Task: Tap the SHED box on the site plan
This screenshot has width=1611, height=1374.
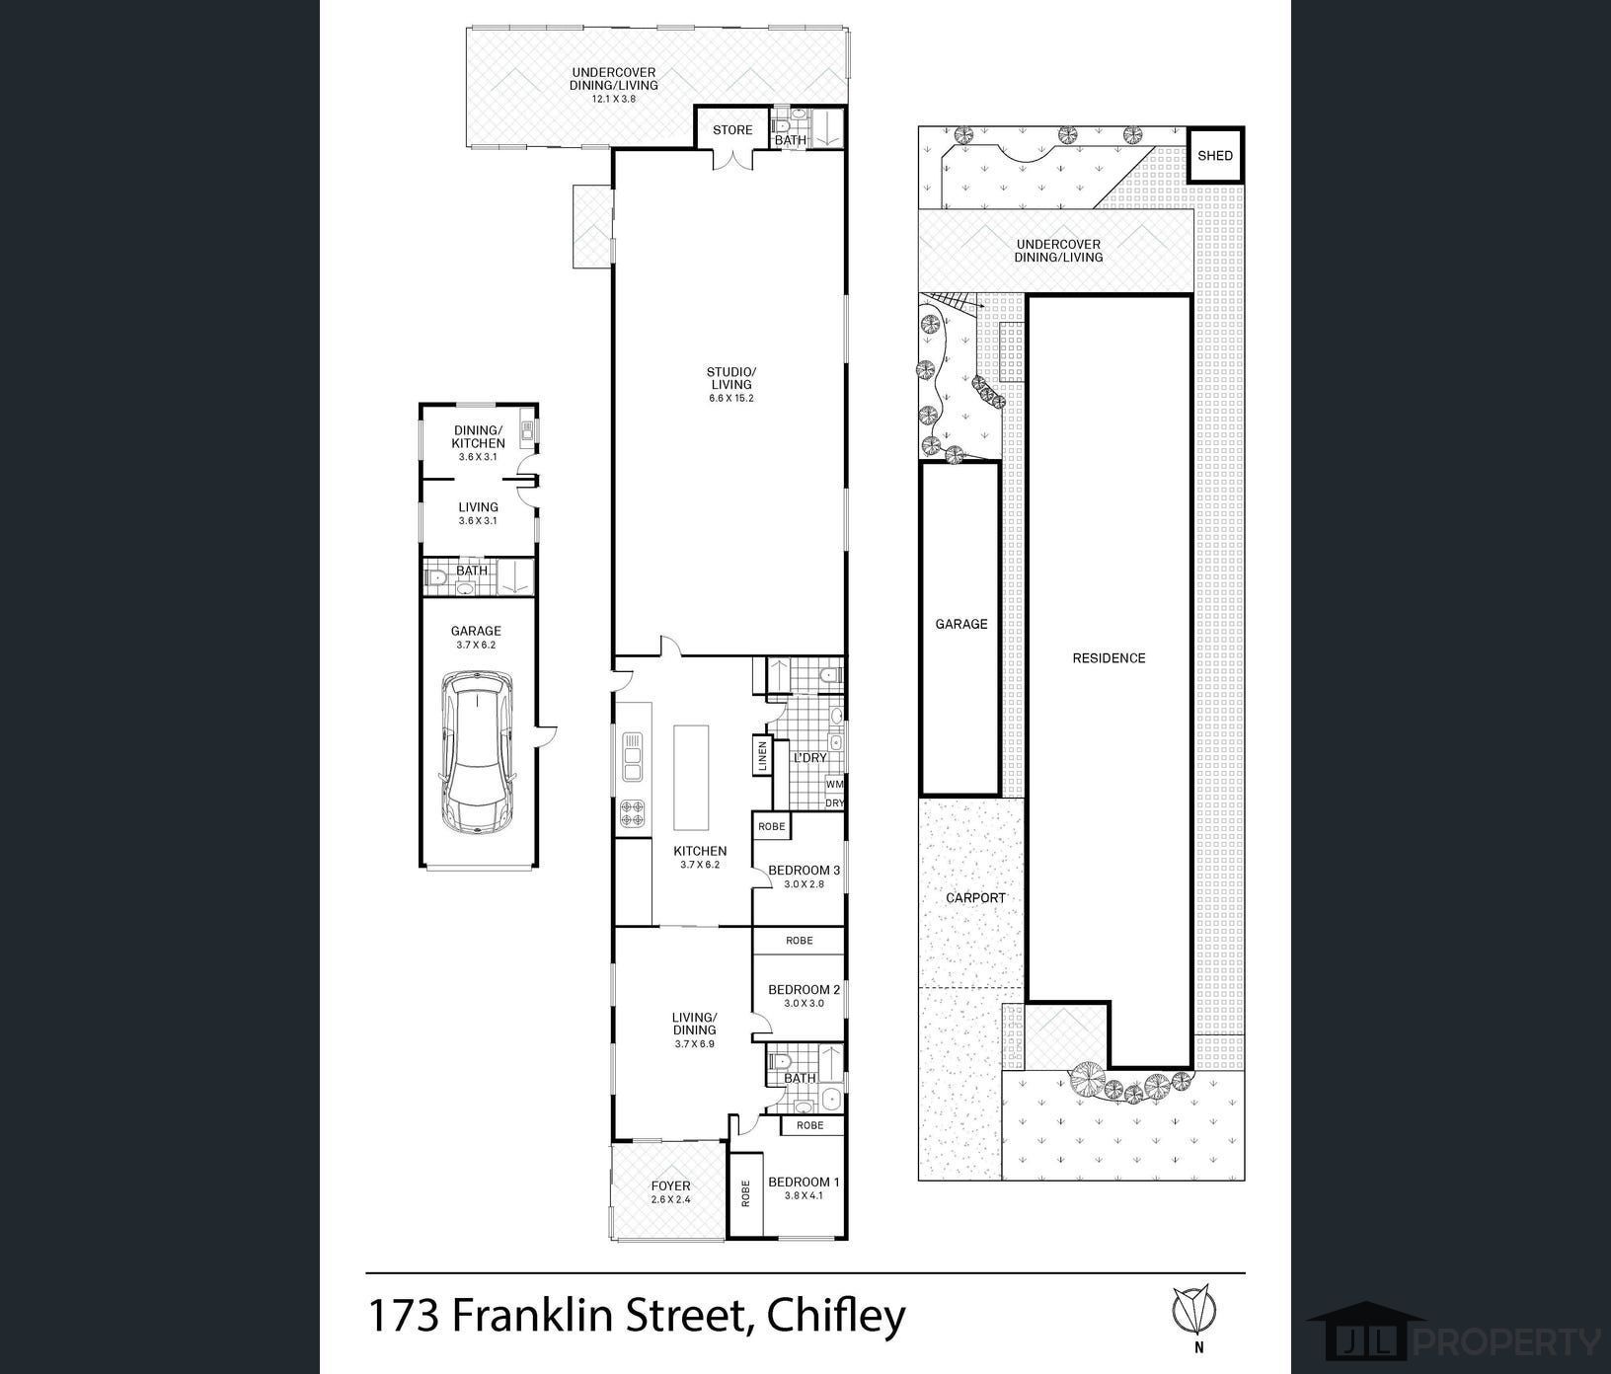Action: coord(1215,155)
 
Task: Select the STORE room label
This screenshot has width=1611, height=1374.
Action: coord(732,129)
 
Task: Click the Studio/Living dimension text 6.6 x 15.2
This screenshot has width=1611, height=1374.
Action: coord(729,398)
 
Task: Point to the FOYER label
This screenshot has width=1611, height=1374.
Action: coord(670,1186)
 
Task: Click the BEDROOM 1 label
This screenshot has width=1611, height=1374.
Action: coord(804,1183)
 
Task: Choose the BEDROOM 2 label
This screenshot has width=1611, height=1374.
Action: coord(804,990)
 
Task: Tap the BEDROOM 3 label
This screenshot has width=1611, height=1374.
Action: coord(804,871)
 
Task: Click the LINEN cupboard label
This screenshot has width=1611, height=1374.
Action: coord(761,757)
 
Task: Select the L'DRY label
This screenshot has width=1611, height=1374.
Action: coord(809,758)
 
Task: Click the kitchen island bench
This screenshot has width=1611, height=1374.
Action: coord(692,778)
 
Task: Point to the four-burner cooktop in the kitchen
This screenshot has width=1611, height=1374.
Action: coord(632,813)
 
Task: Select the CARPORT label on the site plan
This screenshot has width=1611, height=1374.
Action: coord(975,898)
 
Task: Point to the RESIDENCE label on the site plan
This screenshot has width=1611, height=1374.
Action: coord(1109,658)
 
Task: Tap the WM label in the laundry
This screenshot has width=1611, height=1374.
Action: coord(834,785)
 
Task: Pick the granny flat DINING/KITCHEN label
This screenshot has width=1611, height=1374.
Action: coord(479,437)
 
